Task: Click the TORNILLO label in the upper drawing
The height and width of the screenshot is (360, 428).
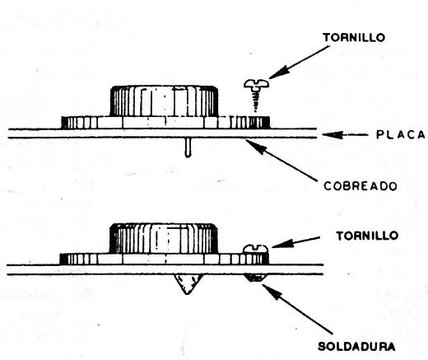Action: pos(354,37)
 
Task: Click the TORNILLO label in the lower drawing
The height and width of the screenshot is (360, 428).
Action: pos(367,236)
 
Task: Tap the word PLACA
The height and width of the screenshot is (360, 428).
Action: pos(401,134)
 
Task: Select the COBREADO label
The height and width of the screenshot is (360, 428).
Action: pos(361,186)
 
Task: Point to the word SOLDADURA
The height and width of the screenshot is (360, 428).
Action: pos(356,346)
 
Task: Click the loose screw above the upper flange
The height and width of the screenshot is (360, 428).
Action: pos(256,95)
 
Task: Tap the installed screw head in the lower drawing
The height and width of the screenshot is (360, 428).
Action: pos(256,249)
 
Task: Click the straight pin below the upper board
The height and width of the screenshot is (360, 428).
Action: pos(188,147)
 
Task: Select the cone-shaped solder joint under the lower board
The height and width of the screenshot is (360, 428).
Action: pos(188,283)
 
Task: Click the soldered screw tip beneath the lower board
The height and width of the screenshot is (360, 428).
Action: pos(255,278)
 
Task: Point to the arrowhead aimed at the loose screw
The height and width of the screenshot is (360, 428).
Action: pos(277,72)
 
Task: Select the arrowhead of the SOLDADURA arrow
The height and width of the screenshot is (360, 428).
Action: pos(271,291)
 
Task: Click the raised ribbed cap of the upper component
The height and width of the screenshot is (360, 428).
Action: pos(164,101)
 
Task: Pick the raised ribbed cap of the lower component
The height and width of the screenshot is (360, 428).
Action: pos(164,238)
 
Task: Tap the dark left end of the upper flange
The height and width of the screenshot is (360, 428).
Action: pos(65,123)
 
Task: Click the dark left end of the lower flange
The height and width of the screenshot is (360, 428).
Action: pos(63,259)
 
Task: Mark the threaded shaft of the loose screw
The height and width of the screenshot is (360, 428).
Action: pos(256,101)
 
